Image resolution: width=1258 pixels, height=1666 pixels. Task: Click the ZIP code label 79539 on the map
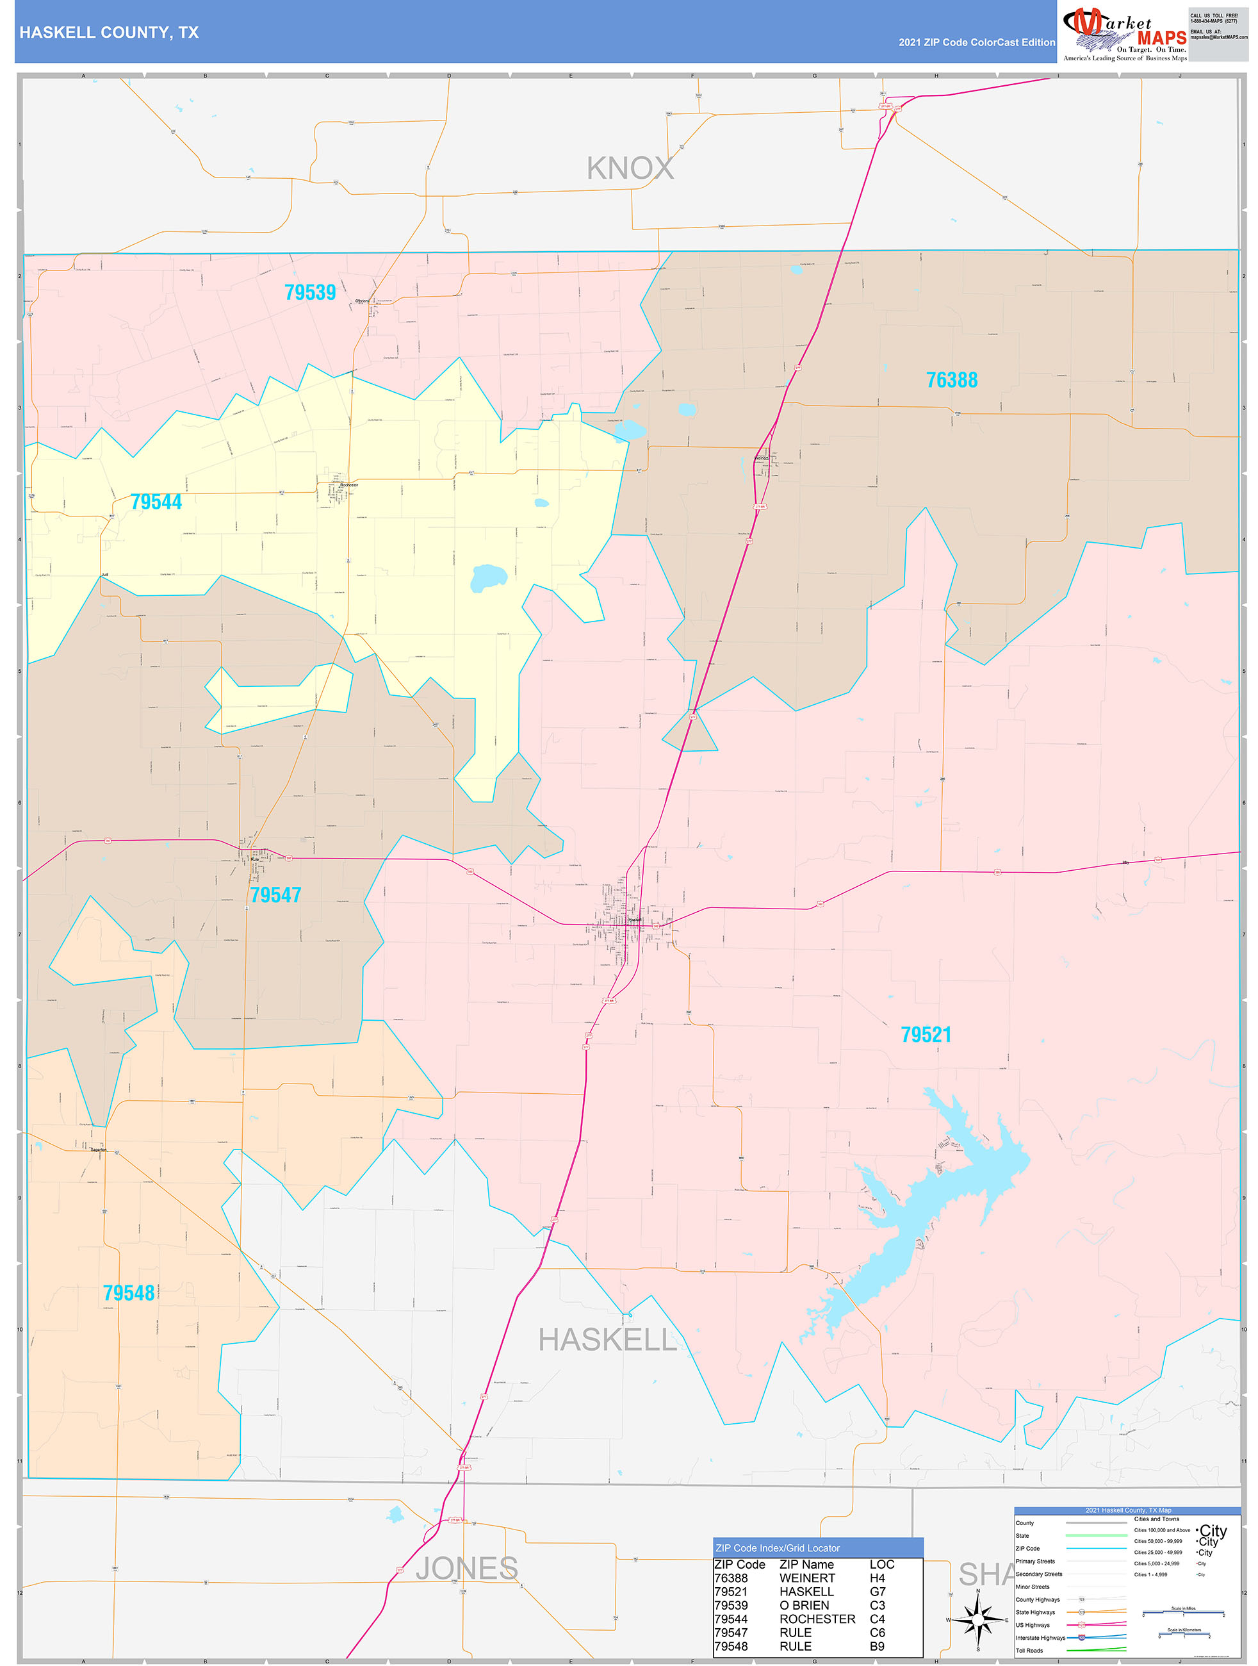coord(309,292)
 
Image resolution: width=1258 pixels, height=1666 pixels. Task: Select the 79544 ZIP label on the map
coord(156,502)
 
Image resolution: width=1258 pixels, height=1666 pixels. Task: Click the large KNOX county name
coord(630,169)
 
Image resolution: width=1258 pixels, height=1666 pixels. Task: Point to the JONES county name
coord(466,1568)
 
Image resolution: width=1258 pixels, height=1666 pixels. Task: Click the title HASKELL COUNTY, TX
coord(109,33)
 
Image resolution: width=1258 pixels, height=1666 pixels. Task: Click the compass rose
coord(977,1619)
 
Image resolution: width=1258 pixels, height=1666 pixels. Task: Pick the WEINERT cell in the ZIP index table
coord(806,1578)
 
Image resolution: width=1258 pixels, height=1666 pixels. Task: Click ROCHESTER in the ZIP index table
coord(817,1619)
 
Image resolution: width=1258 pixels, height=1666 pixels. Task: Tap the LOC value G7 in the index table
coord(877,1592)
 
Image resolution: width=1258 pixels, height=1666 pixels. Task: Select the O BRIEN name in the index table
coord(804,1605)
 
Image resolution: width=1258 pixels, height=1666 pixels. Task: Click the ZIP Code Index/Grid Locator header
coord(778,1547)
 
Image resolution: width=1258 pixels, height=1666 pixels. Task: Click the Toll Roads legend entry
coord(1029,1650)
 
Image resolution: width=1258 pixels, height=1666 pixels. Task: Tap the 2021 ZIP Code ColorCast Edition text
coord(976,42)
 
